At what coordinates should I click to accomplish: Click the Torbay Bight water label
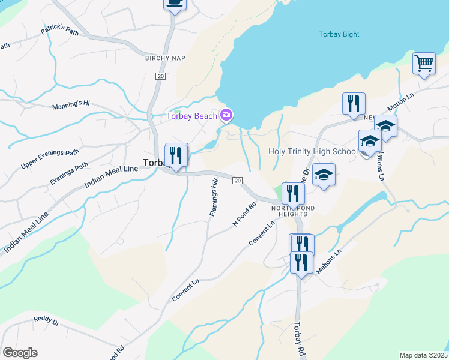pyautogui.click(x=339, y=34)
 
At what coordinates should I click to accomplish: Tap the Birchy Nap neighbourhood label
pyautogui.click(x=165, y=58)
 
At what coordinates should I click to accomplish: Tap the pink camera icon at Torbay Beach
pyautogui.click(x=226, y=115)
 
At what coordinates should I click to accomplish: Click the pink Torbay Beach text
pyautogui.click(x=191, y=115)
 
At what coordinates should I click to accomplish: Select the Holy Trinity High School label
pyautogui.click(x=313, y=151)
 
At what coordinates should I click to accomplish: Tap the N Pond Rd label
pyautogui.click(x=245, y=214)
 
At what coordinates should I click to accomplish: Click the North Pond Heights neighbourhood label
pyautogui.click(x=289, y=211)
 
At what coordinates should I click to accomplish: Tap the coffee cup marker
pyautogui.click(x=175, y=3)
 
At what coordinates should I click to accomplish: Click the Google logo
pyautogui.click(x=20, y=353)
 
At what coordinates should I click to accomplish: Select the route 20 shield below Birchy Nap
pyautogui.click(x=160, y=76)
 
